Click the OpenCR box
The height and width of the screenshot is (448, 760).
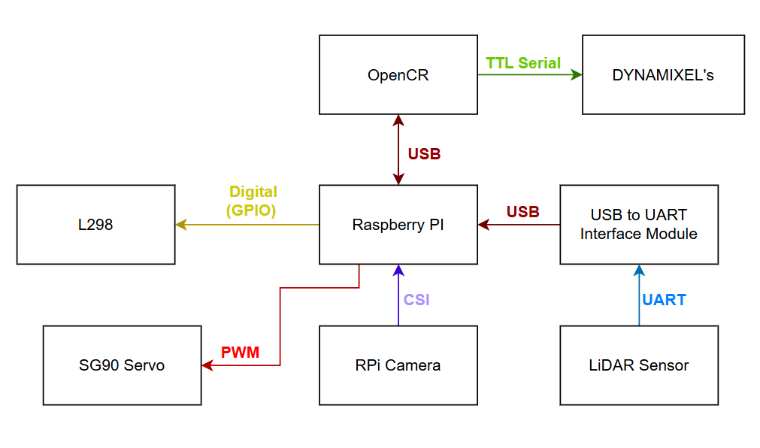coord(398,74)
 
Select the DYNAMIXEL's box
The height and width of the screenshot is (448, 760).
coord(663,74)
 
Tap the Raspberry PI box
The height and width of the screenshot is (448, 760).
coord(398,225)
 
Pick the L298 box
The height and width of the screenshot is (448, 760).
coord(95,225)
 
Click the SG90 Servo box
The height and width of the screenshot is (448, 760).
coord(122,365)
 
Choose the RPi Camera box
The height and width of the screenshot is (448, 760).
coord(398,365)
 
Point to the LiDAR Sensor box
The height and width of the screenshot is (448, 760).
coord(638,365)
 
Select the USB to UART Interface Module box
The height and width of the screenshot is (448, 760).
coord(638,225)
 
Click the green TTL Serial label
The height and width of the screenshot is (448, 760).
coord(523,63)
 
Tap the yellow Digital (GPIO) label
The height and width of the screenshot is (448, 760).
coord(253,201)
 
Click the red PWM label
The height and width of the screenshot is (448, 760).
coord(240,352)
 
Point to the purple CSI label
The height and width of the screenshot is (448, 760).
coord(416,300)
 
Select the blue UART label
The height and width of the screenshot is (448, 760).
coord(664,300)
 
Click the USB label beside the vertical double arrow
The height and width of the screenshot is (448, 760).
coord(424,154)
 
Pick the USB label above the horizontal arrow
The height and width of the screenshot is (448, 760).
coord(522,212)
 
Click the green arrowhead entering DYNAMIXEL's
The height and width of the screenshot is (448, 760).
coord(577,74)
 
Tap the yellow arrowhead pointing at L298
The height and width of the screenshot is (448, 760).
coord(181,224)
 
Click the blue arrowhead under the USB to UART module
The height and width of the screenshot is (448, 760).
coord(639,270)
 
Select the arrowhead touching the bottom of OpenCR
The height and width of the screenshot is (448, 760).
coord(398,120)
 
